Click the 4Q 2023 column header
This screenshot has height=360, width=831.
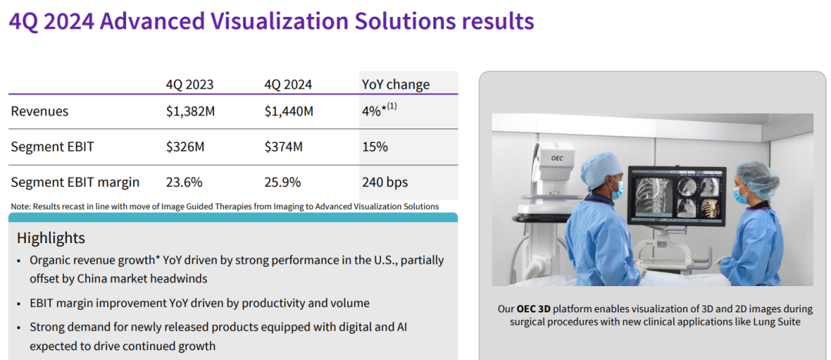pos(190,85)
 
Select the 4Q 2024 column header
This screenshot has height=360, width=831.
pos(289,85)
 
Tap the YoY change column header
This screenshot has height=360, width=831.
pos(396,85)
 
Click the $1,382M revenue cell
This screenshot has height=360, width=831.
pos(190,112)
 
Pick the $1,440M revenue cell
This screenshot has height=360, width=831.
pos(289,112)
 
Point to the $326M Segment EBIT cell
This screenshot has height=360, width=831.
pos(185,147)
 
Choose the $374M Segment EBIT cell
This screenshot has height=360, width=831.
pos(283,147)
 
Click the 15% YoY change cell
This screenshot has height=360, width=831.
pos(375,147)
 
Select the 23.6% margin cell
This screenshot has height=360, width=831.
pos(184,182)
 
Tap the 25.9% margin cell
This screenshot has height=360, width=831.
pos(282,182)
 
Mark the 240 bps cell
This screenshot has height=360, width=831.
pos(385,183)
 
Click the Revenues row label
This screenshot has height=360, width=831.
pos(40,112)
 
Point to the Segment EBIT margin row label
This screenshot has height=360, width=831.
pos(75,183)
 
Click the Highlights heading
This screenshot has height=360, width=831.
pos(51,238)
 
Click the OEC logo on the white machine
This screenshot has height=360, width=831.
pos(556,158)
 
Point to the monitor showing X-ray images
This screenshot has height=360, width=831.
pos(677,195)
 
